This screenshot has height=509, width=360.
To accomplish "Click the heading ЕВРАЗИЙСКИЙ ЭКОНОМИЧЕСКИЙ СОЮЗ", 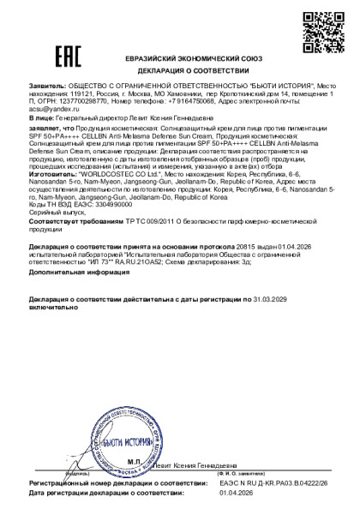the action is click(x=180, y=57).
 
